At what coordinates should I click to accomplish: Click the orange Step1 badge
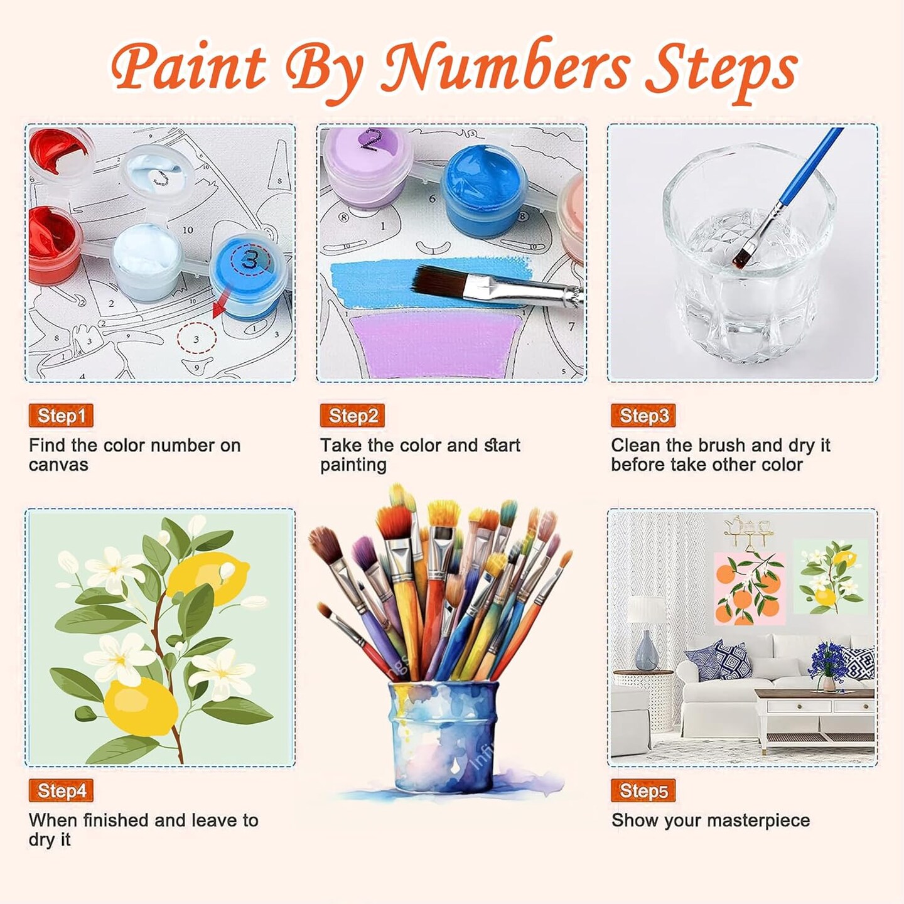tap(61, 416)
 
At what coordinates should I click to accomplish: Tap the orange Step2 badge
tap(352, 416)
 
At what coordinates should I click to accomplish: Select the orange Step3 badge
tap(643, 416)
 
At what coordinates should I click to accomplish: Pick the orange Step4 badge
tap(61, 790)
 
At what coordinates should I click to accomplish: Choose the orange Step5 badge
tap(643, 790)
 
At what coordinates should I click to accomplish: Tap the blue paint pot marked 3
tap(248, 277)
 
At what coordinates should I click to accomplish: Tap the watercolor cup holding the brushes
tap(443, 736)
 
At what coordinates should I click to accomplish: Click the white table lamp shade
tap(646, 609)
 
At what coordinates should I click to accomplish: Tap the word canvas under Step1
tap(58, 465)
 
